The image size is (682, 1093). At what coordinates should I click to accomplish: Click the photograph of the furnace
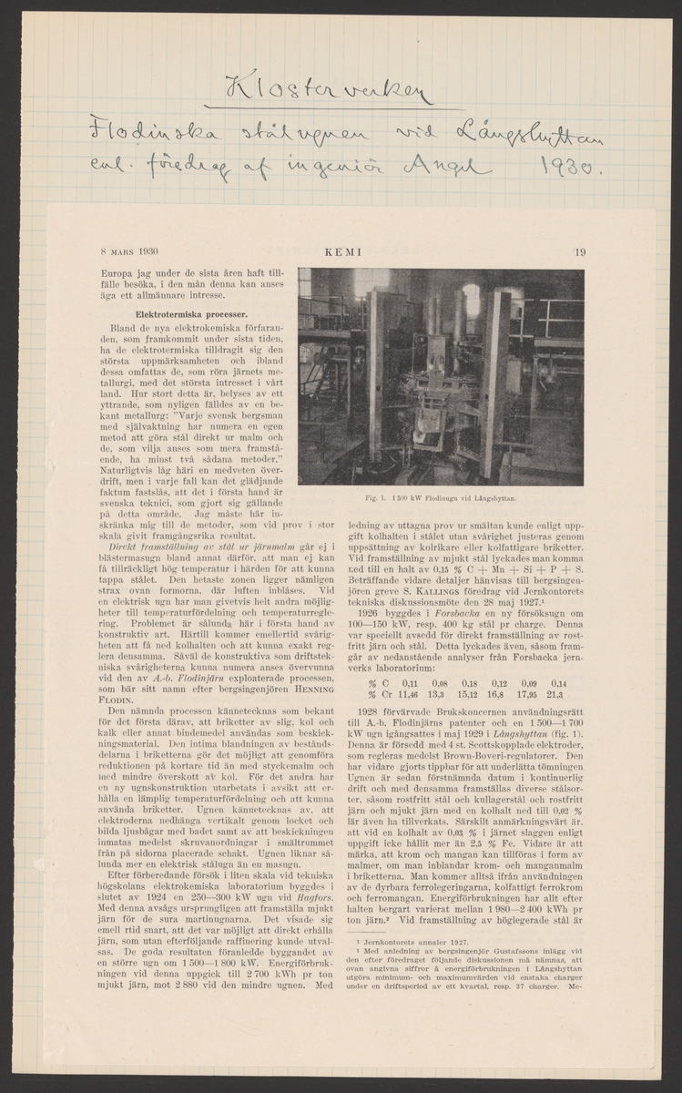click(x=441, y=376)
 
